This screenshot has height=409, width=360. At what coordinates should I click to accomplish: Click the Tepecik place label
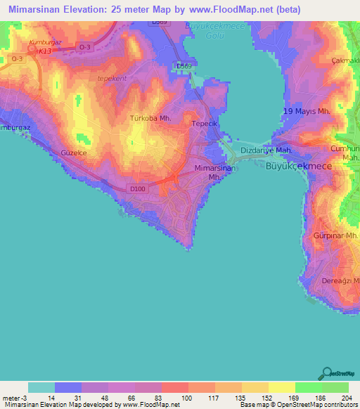click(205, 124)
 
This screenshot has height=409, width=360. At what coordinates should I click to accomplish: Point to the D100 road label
click(137, 188)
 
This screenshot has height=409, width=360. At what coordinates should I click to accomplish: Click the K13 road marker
click(44, 51)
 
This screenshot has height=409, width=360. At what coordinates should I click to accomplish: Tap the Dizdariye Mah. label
click(266, 150)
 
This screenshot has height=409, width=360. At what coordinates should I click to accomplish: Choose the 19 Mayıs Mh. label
click(307, 112)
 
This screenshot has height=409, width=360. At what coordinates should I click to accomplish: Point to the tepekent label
click(112, 79)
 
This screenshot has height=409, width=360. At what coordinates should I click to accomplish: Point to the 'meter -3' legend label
click(13, 397)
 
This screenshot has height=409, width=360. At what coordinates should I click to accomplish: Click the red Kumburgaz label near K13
click(45, 42)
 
